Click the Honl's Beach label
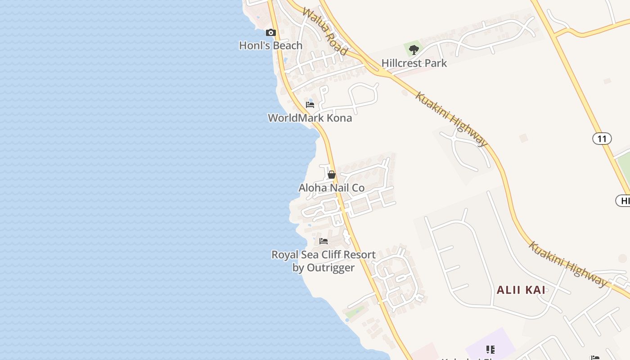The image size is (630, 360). click(270, 45)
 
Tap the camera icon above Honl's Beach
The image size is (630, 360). click(270, 32)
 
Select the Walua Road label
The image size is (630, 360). click(325, 31)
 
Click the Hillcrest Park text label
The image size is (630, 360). click(414, 63)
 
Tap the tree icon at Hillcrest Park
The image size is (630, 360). click(414, 49)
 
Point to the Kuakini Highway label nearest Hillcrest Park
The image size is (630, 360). click(451, 119)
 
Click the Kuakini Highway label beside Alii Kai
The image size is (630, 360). click(568, 264)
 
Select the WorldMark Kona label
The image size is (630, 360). click(310, 118)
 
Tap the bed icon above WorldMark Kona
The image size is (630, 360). click(310, 105)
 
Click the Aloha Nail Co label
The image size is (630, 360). click(331, 188)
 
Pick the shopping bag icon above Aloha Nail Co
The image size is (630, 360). click(332, 175)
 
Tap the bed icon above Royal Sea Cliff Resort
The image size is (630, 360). click(324, 241)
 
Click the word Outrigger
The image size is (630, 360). click(330, 268)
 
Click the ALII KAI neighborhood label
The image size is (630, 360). click(521, 290)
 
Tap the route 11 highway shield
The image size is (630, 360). click(602, 139)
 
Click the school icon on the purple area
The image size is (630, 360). click(490, 349)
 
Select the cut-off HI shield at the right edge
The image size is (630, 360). click(624, 201)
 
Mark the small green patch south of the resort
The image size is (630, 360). click(355, 311)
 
